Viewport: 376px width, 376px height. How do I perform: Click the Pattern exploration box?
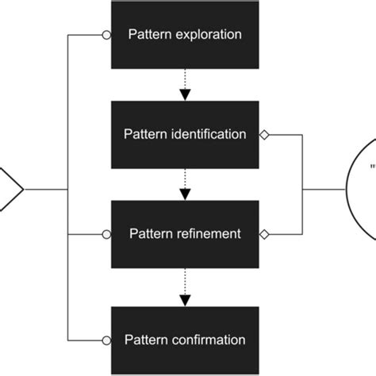click(x=185, y=35)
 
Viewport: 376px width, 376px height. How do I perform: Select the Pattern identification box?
click(x=185, y=135)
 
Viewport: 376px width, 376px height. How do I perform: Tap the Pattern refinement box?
click(x=185, y=234)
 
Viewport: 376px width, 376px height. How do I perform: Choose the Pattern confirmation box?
click(x=185, y=340)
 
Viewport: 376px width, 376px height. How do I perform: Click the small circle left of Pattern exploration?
click(x=106, y=35)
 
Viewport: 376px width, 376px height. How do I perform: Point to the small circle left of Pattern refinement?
click(x=106, y=235)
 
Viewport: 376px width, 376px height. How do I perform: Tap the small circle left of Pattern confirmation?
click(x=106, y=340)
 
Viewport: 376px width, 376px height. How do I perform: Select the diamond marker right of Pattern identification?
click(x=266, y=135)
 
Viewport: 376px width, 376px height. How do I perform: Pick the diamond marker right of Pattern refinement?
click(x=266, y=235)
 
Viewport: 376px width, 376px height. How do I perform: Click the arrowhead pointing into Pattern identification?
click(x=185, y=94)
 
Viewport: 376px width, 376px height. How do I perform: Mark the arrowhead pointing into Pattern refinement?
click(x=185, y=194)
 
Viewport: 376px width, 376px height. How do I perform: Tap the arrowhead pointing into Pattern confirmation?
click(x=185, y=300)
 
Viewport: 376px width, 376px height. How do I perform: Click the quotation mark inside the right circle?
click(x=370, y=167)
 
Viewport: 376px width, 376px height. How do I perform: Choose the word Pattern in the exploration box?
click(x=148, y=36)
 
